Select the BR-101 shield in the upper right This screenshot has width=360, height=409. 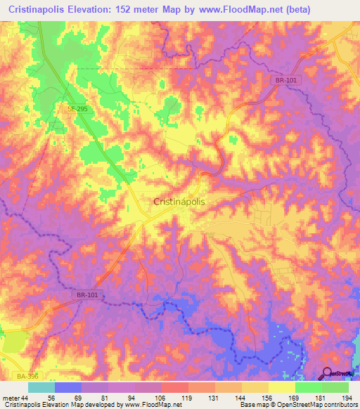[285, 81]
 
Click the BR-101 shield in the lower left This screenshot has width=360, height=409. [88, 296]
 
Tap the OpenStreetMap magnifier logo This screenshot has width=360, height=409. [328, 373]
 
